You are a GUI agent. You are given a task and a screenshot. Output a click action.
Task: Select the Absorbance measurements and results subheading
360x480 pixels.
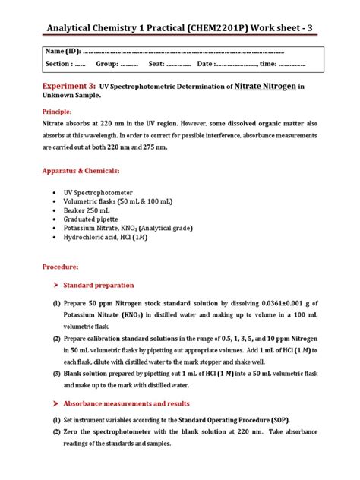click(x=136, y=403)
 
